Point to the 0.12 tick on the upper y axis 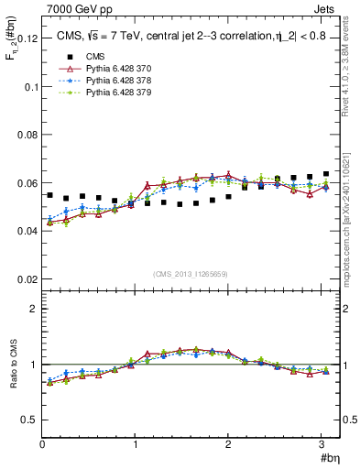click(x=27, y=39)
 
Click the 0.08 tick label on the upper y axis click(x=27, y=135)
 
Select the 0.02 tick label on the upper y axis click(x=27, y=278)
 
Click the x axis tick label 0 click(x=42, y=444)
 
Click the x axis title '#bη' click(x=328, y=458)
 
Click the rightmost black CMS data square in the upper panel click(x=326, y=174)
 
